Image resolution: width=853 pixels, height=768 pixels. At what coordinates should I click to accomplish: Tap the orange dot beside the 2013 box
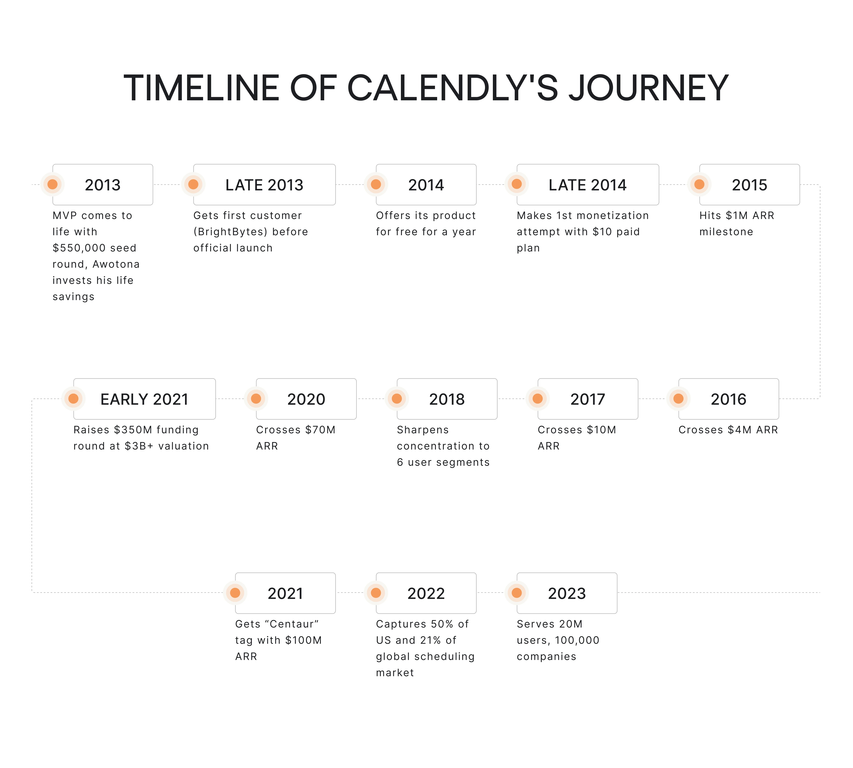[x=52, y=184]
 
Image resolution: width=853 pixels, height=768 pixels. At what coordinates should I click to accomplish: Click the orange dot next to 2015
[x=699, y=184]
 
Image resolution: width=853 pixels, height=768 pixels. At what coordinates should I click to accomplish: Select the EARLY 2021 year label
[x=144, y=399]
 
